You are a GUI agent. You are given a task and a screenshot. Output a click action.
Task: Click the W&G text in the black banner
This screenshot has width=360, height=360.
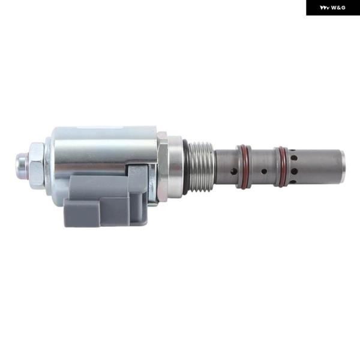(x=338, y=8)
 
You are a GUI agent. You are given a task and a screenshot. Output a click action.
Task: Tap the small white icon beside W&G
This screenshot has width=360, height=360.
(x=325, y=8)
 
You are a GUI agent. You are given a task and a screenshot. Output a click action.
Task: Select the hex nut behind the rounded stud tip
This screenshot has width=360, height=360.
(x=36, y=166)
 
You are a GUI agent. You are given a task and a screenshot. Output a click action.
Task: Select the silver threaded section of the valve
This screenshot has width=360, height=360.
(x=202, y=166)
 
